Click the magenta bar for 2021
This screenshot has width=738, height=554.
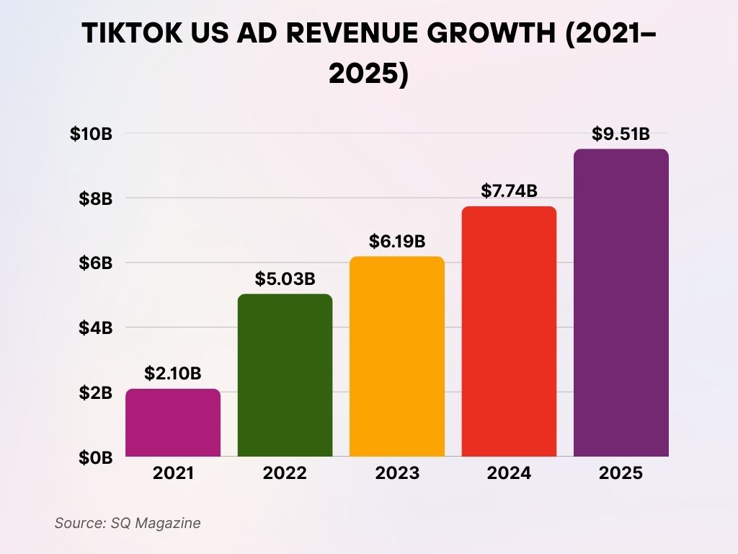click(173, 423)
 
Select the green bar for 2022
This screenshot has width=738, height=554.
click(285, 375)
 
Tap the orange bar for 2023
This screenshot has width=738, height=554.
click(397, 356)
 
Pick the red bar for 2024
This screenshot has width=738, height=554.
click(509, 331)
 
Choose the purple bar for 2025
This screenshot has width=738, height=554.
click(621, 303)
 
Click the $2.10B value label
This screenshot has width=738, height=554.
click(173, 374)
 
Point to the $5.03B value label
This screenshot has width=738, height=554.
click(285, 278)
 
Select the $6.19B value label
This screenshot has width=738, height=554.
click(397, 241)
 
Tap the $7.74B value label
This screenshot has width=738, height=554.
click(509, 191)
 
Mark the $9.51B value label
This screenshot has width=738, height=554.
click(621, 133)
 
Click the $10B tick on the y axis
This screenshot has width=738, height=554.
click(91, 133)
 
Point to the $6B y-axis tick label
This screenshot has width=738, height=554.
click(94, 263)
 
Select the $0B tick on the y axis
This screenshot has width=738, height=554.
click(94, 457)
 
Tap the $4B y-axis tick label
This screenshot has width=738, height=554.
click(94, 327)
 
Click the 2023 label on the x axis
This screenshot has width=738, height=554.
click(397, 474)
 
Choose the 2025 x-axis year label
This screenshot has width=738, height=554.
click(621, 474)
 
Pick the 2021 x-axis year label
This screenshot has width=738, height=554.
click(173, 474)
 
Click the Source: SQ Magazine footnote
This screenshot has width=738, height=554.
click(128, 523)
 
